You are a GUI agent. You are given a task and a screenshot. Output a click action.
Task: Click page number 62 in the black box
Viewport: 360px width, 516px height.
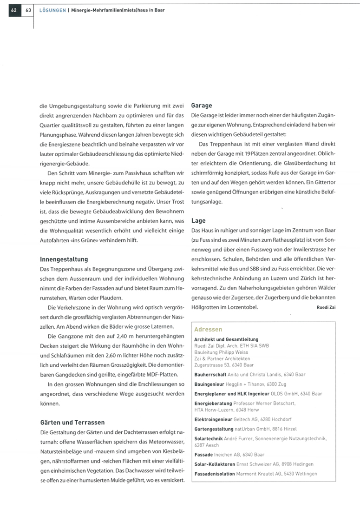click(14, 10)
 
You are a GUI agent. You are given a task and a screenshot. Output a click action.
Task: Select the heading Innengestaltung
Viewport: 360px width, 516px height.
click(64, 259)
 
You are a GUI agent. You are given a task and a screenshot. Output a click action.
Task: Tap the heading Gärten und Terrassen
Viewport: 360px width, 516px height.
click(72, 423)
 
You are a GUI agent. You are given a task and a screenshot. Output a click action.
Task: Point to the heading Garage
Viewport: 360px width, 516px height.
click(202, 106)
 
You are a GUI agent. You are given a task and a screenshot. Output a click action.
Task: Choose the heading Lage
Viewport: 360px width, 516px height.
click(198, 221)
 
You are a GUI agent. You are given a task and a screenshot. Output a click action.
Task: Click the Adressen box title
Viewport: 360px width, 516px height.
click(209, 329)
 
